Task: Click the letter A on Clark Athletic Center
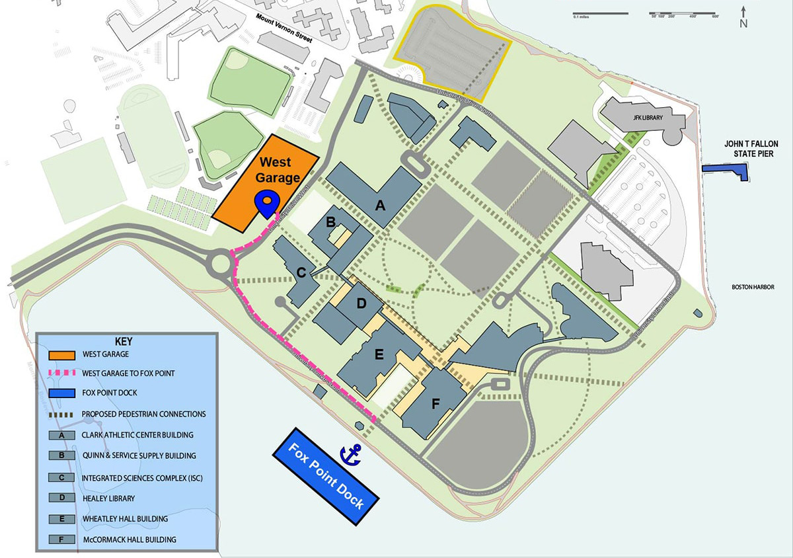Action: tap(379, 205)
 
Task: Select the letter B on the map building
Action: tap(331, 220)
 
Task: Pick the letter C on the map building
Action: tap(301, 272)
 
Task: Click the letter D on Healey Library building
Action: tap(361, 303)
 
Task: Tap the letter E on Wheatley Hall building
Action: tap(379, 354)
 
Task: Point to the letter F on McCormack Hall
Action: tap(435, 405)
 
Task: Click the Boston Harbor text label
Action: tap(752, 287)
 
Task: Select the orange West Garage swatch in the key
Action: tap(61, 354)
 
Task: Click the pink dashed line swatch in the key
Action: tap(61, 374)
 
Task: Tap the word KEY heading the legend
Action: tap(124, 342)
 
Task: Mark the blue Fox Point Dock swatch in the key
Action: tap(61, 393)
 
